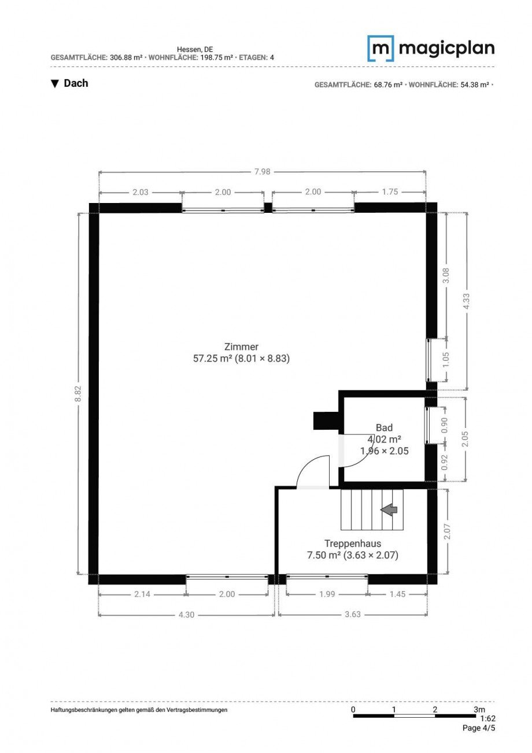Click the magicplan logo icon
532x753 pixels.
pos(380,48)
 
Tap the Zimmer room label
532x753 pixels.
pos(241,347)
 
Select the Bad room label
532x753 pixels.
pos(384,428)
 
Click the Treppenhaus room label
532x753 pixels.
pos(352,544)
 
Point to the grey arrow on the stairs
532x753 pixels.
pos(389,510)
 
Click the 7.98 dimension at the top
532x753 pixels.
pos(263,172)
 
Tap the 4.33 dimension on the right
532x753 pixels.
pos(466,301)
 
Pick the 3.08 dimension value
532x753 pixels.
pos(446,275)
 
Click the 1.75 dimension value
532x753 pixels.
pos(390,192)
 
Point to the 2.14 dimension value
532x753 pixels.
pos(142,594)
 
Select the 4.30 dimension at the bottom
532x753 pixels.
pos(186,614)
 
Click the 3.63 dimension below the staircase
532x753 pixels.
pos(352,614)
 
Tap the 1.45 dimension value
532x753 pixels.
pos(398,594)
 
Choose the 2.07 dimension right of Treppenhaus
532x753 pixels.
pos(446,531)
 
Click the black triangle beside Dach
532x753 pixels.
pos(55,84)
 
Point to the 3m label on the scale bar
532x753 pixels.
pos(479,710)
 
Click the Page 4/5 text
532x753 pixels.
pos(479,728)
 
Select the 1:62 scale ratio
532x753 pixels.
pos(487,719)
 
